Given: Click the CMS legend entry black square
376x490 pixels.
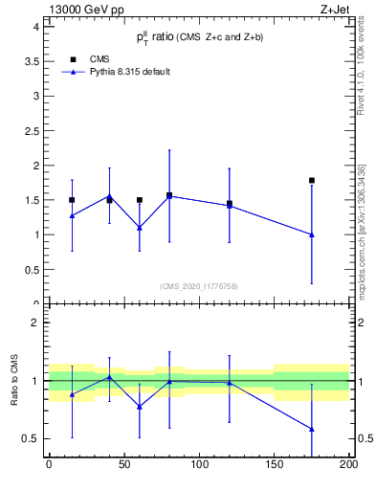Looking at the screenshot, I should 72,57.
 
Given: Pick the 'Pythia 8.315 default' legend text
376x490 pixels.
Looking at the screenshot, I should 129,72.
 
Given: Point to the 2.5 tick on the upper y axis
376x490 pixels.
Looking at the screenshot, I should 33,131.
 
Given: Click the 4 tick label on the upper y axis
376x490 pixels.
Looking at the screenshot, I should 36,27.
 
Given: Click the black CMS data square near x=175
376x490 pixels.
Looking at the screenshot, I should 312,180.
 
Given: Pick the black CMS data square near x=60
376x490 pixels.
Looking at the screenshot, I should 140,200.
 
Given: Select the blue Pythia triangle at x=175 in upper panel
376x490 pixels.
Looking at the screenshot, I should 312,234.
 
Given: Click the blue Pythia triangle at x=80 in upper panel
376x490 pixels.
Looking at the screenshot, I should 169,195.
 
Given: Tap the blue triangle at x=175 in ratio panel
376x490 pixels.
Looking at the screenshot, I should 312,429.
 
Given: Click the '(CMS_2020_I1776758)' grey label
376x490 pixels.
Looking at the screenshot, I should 198,285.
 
